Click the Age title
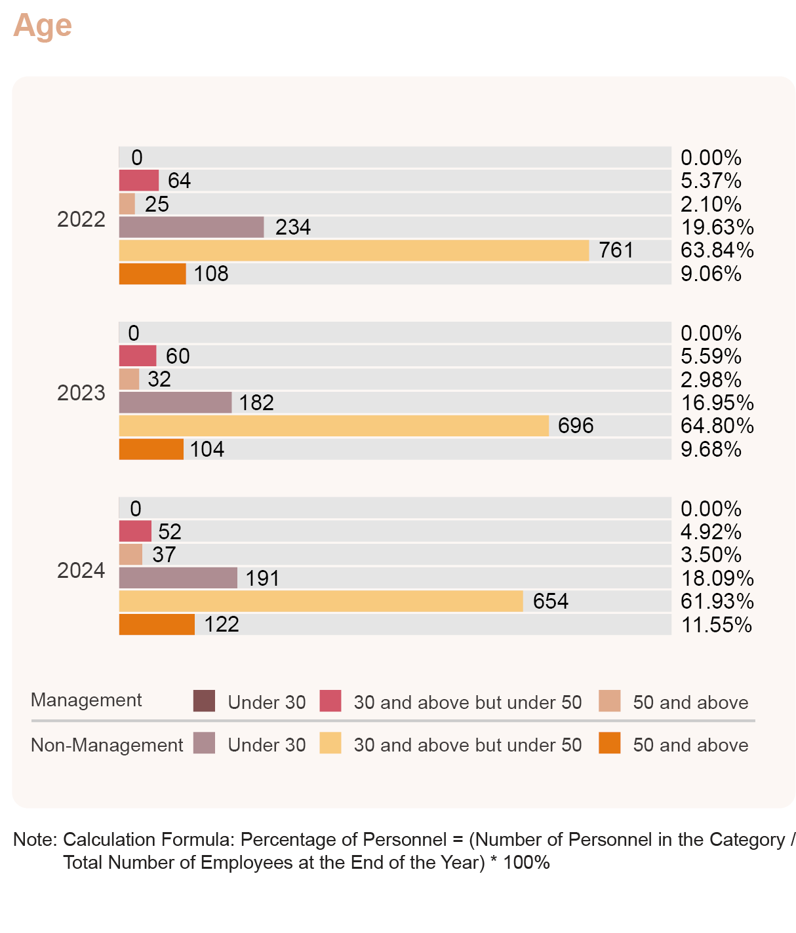[43, 26]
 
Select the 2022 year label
[81, 219]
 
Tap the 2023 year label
[81, 392]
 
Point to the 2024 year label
[81, 571]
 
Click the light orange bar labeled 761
[353, 250]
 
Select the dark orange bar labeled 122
[157, 624]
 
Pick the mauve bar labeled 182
[175, 402]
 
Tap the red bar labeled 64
[138, 180]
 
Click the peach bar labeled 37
[130, 555]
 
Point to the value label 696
[576, 426]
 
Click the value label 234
[292, 227]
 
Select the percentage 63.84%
[717, 250]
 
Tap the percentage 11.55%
[716, 624]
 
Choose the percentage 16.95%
[717, 402]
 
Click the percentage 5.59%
[711, 356]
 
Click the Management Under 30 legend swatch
[205, 701]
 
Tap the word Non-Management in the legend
[107, 745]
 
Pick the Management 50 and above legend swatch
[610, 701]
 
